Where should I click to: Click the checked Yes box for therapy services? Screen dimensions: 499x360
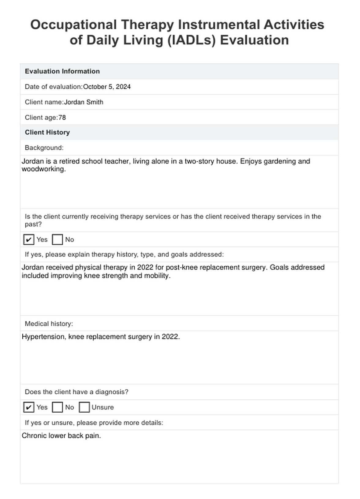28,239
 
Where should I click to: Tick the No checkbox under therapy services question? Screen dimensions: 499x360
57,239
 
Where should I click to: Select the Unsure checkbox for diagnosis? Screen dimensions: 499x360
84,407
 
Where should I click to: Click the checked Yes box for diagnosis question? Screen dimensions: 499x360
28,407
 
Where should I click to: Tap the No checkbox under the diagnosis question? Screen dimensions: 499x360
57,407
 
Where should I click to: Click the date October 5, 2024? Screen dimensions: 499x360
107,87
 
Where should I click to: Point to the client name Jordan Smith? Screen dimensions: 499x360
84,102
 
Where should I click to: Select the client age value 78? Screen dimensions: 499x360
62,118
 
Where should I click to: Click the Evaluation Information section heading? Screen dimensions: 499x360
62,71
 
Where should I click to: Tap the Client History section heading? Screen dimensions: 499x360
47,132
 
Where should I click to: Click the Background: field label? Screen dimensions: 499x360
44,148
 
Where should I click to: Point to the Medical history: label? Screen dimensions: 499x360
49,324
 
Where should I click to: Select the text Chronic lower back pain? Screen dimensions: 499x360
61,436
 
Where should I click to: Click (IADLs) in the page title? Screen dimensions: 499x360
192,40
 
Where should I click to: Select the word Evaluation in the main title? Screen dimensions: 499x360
254,40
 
